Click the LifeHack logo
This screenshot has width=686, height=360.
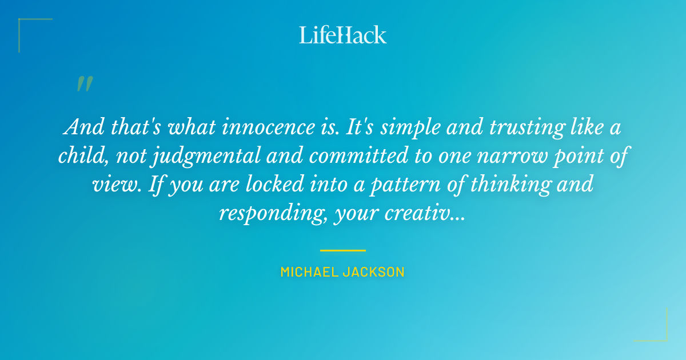(x=343, y=35)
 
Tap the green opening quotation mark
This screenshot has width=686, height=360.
(x=84, y=84)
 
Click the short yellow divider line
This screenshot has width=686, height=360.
(x=342, y=250)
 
